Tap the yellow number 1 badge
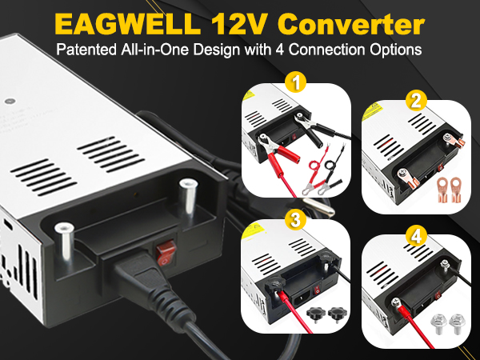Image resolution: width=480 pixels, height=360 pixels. (296, 82)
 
